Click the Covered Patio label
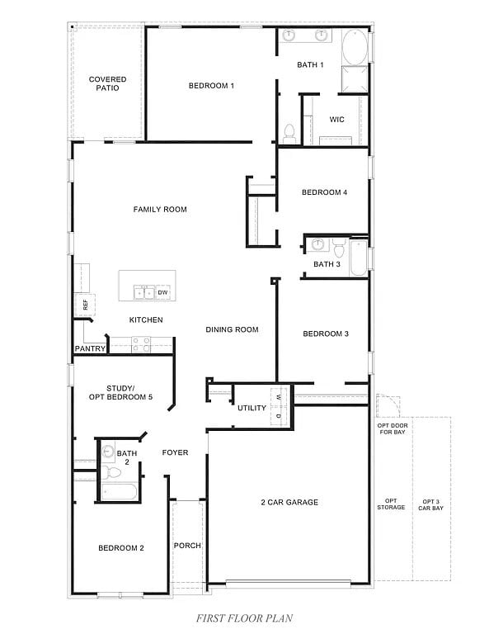click(x=108, y=83)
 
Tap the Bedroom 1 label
click(x=212, y=86)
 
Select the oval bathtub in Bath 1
click(x=355, y=48)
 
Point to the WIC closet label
click(x=336, y=119)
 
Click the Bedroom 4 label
click(x=324, y=192)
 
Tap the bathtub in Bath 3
click(x=359, y=257)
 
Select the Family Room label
click(x=160, y=210)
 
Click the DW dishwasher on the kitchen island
click(x=162, y=292)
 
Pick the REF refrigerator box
click(x=84, y=304)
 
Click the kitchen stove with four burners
click(x=140, y=344)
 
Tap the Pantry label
click(x=90, y=348)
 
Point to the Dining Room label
click(x=232, y=329)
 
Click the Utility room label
click(x=252, y=408)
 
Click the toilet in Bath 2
click(x=110, y=473)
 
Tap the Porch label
click(x=187, y=546)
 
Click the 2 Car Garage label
click(x=289, y=502)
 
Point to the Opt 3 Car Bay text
click(x=433, y=504)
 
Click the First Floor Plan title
click(x=243, y=617)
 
